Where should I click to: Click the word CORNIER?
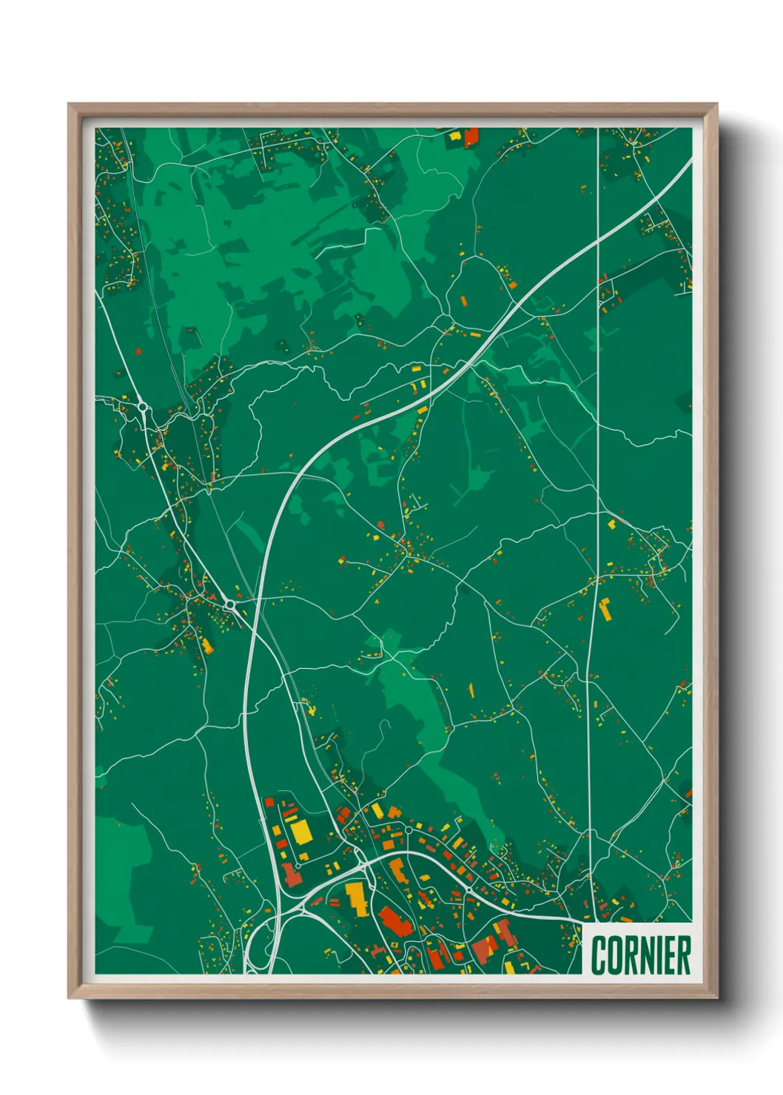[x=640, y=955]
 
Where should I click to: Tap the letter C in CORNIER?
[x=599, y=955]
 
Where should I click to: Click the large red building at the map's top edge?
[x=471, y=137]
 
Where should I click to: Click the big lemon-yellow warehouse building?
[x=301, y=831]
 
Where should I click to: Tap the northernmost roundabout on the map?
[x=141, y=405]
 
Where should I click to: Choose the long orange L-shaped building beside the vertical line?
[x=605, y=609]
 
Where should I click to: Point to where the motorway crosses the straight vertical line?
[x=598, y=237]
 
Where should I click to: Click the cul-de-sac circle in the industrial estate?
[x=298, y=866]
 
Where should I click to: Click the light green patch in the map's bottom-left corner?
[x=122, y=880]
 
